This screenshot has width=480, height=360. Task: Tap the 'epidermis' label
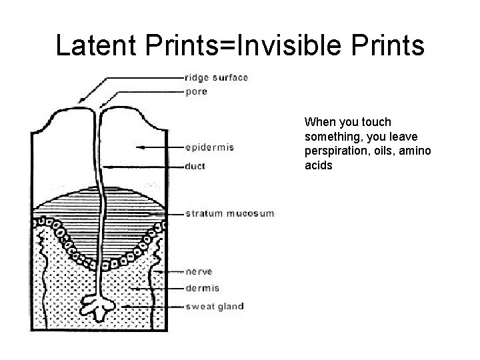(x=210, y=147)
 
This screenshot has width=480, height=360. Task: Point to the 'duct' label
(x=195, y=167)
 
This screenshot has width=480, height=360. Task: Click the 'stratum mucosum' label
(x=229, y=213)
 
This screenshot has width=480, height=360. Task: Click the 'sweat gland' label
(x=214, y=307)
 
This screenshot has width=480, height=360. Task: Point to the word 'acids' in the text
(x=318, y=165)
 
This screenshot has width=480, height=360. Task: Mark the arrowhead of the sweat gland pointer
(x=122, y=307)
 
